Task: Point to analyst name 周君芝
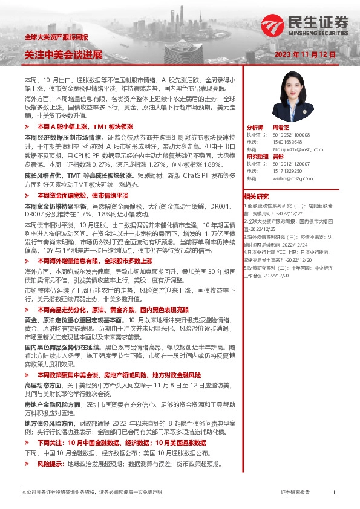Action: (281, 128)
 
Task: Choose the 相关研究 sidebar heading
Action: (257, 196)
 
